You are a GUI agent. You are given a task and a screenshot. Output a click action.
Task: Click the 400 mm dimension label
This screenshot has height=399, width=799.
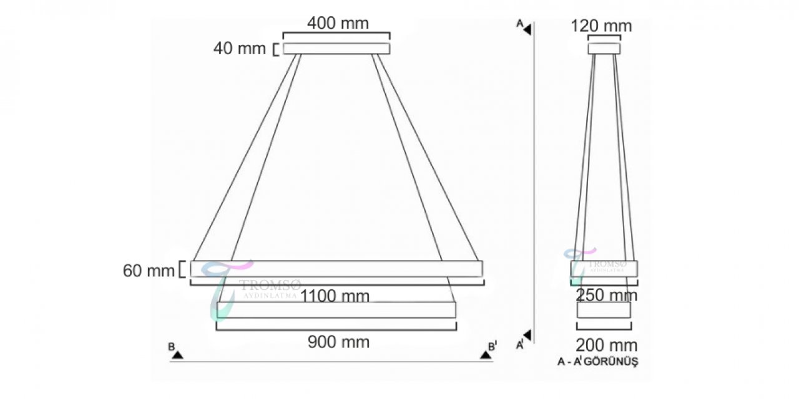pos(338,24)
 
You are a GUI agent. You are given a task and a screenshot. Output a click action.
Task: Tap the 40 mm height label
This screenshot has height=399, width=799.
pos(239,49)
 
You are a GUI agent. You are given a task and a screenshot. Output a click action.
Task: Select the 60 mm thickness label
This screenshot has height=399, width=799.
pos(149,271)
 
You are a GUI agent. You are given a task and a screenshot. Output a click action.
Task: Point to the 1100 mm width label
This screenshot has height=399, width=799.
pos(335,296)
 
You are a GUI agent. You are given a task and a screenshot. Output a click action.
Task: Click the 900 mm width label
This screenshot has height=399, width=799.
pos(338,342)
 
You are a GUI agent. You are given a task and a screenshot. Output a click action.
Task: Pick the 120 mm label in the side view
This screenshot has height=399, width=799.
pos(601,26)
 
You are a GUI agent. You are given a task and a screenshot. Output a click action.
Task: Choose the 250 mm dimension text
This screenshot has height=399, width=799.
pos(606,295)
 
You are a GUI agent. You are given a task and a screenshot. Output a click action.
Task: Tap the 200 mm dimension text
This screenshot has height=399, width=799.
pos(606,345)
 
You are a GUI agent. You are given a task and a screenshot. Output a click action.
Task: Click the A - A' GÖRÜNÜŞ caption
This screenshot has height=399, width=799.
pos(598,362)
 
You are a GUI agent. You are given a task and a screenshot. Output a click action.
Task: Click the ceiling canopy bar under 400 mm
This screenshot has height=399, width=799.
pos(336,49)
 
